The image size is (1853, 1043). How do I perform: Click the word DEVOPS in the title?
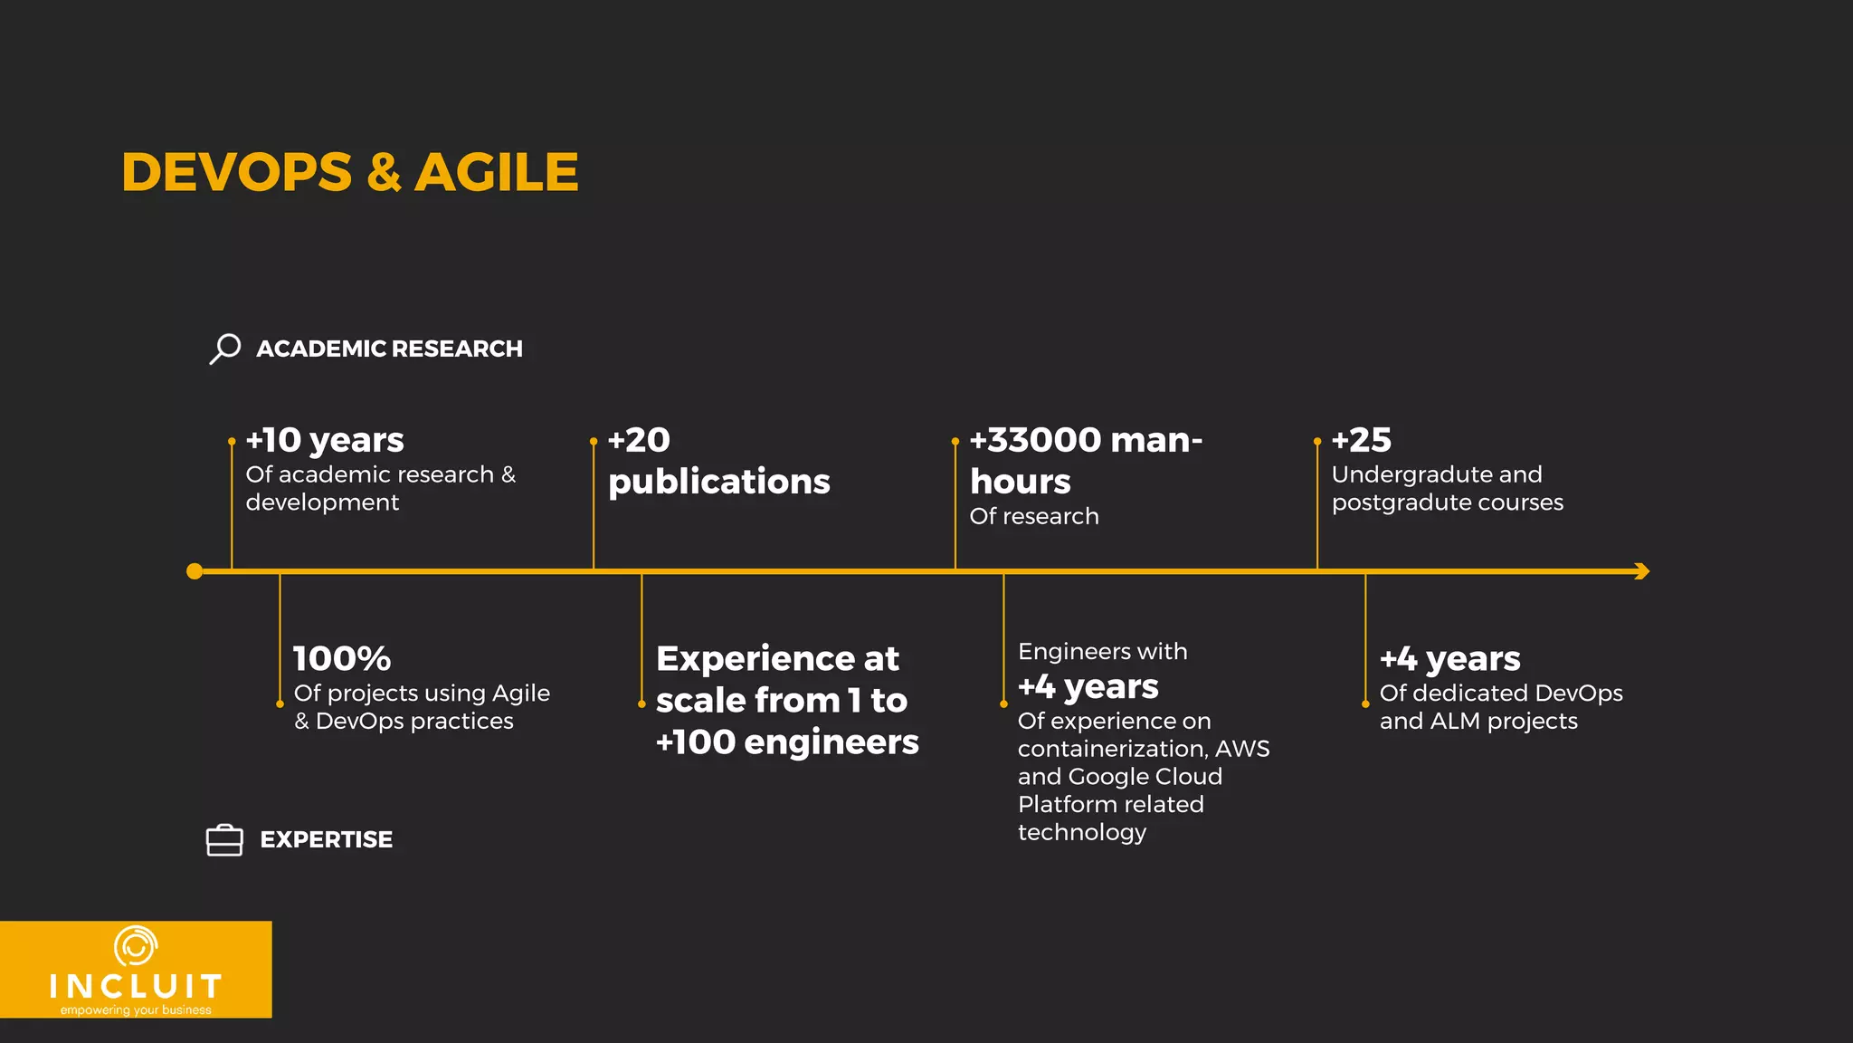237,172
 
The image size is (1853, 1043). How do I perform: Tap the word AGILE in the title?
497,172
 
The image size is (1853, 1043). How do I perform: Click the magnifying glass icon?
225,349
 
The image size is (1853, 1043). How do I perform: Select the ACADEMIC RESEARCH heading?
389,349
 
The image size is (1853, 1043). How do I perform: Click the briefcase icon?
224,840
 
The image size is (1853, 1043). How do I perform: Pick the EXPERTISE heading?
326,840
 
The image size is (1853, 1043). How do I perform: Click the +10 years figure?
325,440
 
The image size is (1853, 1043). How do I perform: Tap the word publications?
719,482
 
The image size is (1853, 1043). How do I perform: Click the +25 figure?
1362,440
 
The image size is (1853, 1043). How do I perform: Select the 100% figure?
342,658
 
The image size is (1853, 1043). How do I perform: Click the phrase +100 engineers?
787,742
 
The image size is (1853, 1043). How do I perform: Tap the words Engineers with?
1102,652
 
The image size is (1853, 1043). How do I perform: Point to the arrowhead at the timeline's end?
1642,571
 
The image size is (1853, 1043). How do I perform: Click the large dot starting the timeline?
195,571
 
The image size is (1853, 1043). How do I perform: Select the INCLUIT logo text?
136,986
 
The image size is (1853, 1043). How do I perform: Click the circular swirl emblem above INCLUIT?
136,946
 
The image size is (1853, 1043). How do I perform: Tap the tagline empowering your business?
136,1010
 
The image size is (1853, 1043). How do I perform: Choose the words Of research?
1034,516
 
